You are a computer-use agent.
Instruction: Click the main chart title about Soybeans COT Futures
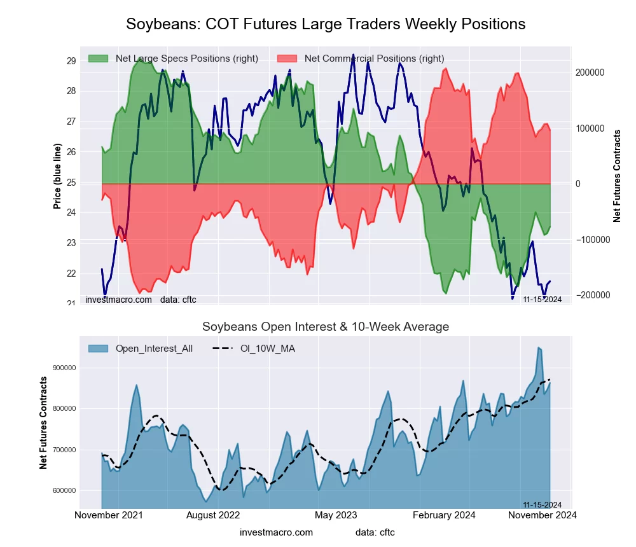[326, 24]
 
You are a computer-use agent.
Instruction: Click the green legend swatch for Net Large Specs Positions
[99, 59]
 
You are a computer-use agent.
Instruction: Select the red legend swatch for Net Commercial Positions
[287, 59]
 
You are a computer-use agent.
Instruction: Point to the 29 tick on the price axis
[71, 61]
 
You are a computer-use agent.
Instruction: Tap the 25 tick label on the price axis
[71, 183]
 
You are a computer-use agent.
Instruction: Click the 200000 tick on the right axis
[590, 73]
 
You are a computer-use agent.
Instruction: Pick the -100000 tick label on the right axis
[590, 240]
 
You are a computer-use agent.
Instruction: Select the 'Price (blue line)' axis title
[57, 176]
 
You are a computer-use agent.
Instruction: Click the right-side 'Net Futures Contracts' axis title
[617, 176]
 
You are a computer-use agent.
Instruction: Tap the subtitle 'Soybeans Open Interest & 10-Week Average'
[326, 327]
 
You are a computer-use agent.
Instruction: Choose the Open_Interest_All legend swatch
[99, 349]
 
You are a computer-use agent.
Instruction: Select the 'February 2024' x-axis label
[444, 515]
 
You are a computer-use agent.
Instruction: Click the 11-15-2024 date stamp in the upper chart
[542, 300]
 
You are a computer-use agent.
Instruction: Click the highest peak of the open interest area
[539, 347]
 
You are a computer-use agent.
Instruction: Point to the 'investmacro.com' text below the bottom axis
[277, 532]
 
